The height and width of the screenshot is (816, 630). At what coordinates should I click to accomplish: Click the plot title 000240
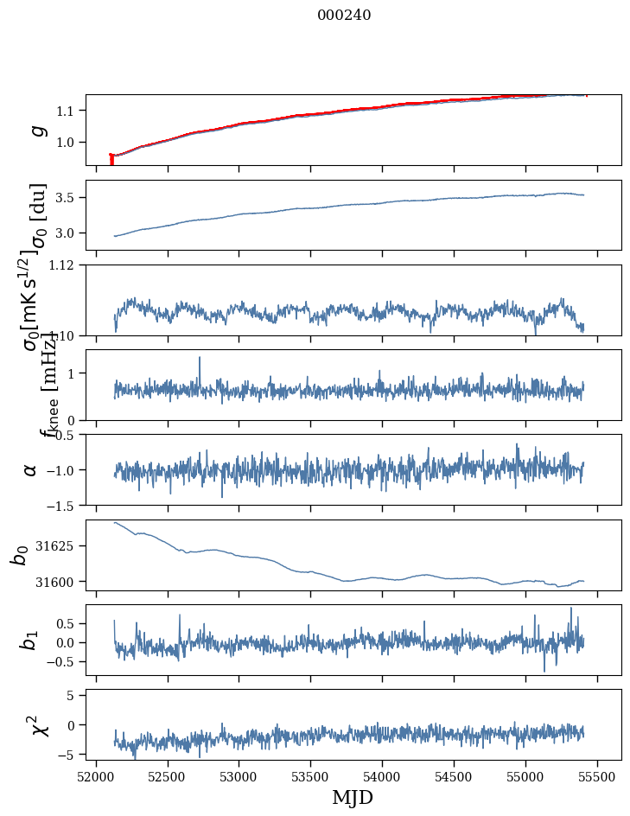tap(344, 15)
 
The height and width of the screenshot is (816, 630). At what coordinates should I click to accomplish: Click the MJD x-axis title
tap(353, 797)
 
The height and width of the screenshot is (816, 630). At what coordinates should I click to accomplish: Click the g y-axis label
tap(37, 130)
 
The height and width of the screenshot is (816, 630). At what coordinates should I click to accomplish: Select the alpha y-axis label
tap(30, 469)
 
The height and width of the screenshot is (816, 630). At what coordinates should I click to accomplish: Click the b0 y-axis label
tap(20, 555)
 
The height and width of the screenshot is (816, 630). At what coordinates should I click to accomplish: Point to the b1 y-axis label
tap(30, 640)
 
